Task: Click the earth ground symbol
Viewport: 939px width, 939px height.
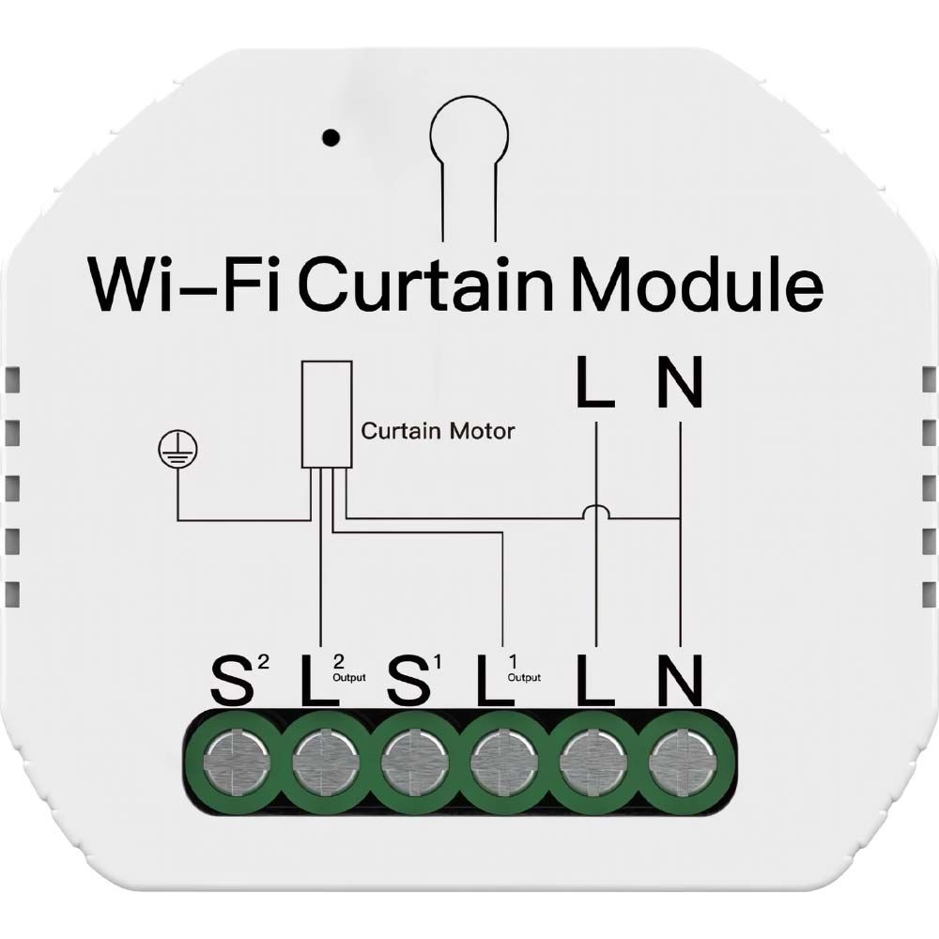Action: tap(177, 449)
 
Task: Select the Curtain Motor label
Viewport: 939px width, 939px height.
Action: tap(438, 431)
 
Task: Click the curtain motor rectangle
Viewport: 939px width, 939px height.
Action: tap(327, 414)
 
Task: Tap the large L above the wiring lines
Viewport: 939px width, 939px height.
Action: tap(595, 382)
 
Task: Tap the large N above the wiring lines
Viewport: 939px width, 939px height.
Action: tap(680, 382)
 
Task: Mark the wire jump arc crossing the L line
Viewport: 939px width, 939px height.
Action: tap(596, 511)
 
